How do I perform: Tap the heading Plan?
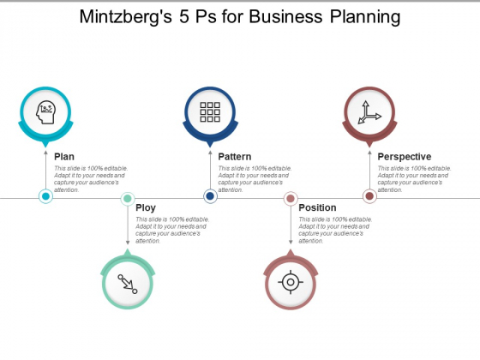(64, 156)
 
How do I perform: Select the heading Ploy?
(146, 207)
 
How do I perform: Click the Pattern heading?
(235, 156)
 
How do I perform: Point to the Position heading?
(317, 207)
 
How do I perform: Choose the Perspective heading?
(405, 156)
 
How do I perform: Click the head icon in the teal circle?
(46, 112)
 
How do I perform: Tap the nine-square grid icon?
(210, 112)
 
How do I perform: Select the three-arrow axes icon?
(369, 112)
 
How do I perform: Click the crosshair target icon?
(291, 282)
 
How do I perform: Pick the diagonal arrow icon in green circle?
(128, 284)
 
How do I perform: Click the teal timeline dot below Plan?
(46, 196)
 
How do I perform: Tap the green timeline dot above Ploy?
(128, 199)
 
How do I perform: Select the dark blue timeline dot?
(210, 196)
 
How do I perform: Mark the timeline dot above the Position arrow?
(291, 199)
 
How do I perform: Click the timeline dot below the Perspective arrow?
(369, 196)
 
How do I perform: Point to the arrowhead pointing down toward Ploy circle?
(128, 242)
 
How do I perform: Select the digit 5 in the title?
(184, 16)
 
